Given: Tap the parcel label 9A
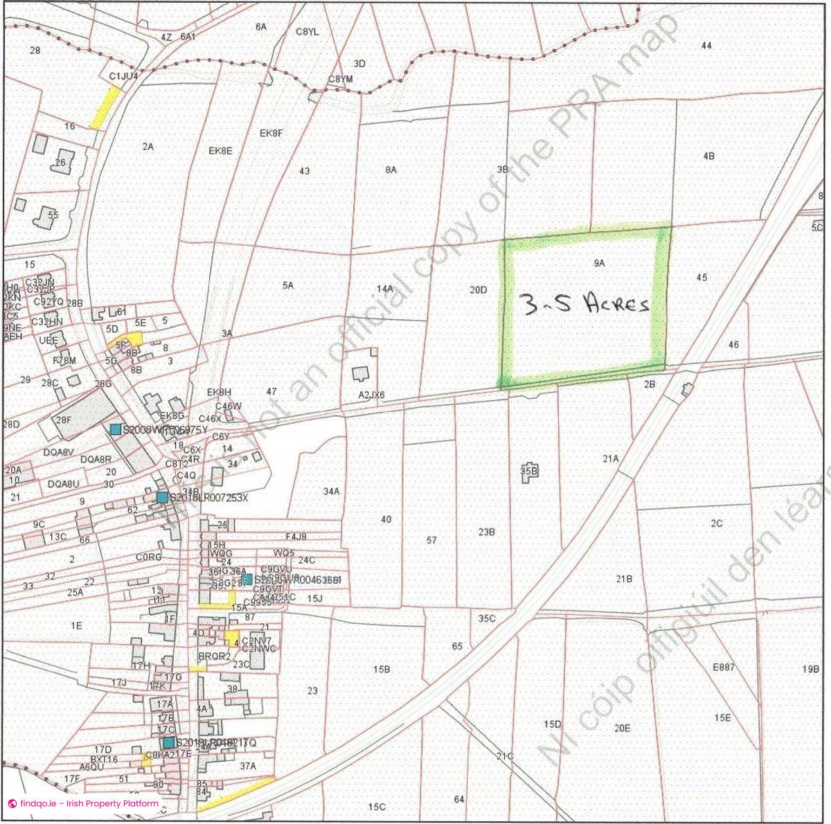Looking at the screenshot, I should (x=599, y=263).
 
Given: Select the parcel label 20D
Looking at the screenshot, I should (x=479, y=290).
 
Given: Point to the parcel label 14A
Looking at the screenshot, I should (x=385, y=289).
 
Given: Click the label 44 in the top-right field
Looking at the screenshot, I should (x=706, y=46).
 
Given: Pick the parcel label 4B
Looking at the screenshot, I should (x=708, y=156).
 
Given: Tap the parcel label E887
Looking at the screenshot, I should (x=724, y=668).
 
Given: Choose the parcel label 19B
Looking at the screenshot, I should (x=811, y=670).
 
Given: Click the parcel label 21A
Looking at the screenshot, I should (x=610, y=458).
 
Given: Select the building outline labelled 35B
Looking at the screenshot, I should (x=529, y=471).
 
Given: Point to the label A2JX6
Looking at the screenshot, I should (x=371, y=395).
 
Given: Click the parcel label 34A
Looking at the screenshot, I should (x=332, y=492).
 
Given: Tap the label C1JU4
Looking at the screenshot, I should (x=124, y=75).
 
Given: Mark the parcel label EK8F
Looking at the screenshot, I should (x=271, y=133).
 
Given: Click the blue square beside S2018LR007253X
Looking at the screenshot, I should (x=162, y=497).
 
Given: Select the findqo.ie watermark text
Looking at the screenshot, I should (x=83, y=804).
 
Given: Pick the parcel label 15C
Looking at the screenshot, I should (x=376, y=807).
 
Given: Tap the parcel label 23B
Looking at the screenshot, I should (x=487, y=532).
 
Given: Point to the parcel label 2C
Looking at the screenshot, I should (x=716, y=523).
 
